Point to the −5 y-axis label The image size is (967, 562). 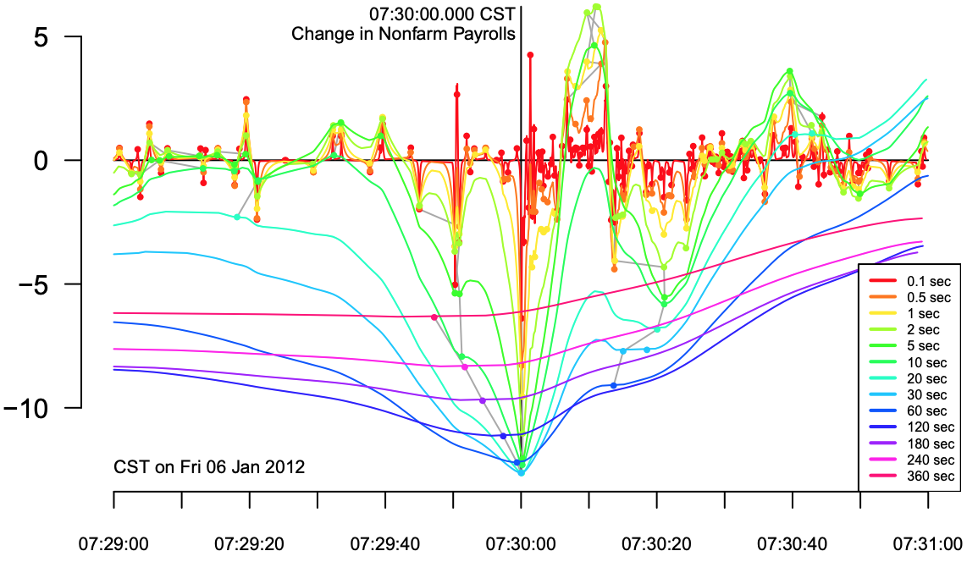pos(37,284)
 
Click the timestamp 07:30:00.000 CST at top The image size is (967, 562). pos(442,15)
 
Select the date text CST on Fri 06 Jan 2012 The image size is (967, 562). pos(209,466)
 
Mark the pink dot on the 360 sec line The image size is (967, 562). pos(434,317)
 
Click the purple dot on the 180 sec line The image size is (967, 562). pos(483,400)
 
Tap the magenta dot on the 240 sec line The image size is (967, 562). pos(464,367)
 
